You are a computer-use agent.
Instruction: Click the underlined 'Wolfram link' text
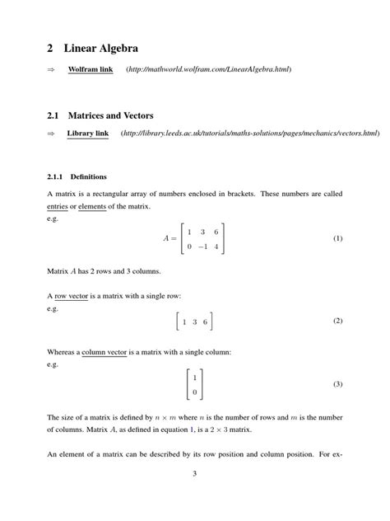pyautogui.click(x=90, y=69)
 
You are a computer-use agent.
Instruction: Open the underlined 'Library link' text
pyautogui.click(x=87, y=133)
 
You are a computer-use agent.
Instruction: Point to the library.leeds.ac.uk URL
pyautogui.click(x=249, y=133)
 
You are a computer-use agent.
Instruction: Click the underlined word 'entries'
pyautogui.click(x=58, y=206)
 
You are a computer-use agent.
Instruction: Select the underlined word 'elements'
pyautogui.click(x=92, y=206)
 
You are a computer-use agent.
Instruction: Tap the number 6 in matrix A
pyautogui.click(x=216, y=232)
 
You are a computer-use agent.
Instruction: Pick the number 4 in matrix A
pyautogui.click(x=216, y=246)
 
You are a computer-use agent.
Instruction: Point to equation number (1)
pyautogui.click(x=337, y=238)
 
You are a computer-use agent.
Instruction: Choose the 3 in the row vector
pyautogui.click(x=195, y=322)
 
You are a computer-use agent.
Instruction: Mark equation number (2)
pyautogui.click(x=337, y=321)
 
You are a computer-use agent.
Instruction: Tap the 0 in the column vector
pyautogui.click(x=194, y=392)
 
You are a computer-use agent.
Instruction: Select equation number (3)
pyautogui.click(x=337, y=384)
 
